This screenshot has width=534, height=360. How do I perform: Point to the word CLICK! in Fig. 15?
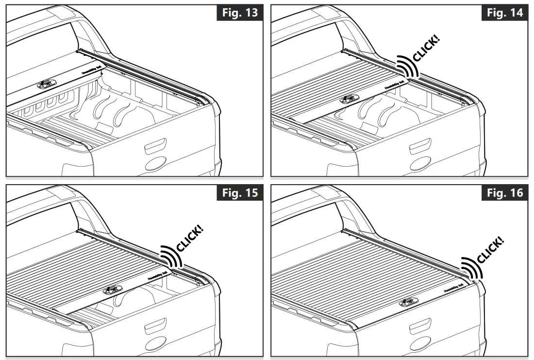(x=191, y=238)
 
